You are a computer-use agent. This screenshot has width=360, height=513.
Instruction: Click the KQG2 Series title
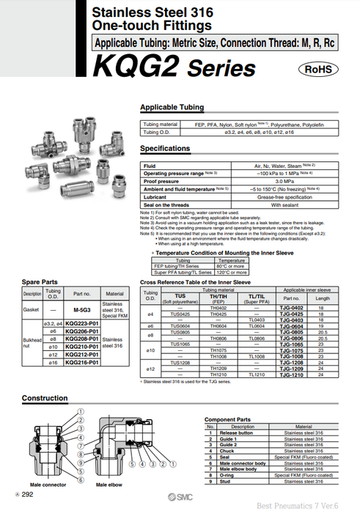[174, 68]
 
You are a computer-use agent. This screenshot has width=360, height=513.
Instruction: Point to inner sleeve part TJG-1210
[291, 375]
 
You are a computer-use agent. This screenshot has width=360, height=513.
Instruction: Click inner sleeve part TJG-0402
[291, 309]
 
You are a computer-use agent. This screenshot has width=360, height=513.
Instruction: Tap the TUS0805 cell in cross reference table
[180, 332]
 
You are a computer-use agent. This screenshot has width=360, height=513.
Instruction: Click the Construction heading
[45, 399]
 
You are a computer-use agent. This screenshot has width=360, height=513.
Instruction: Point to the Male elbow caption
[111, 484]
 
